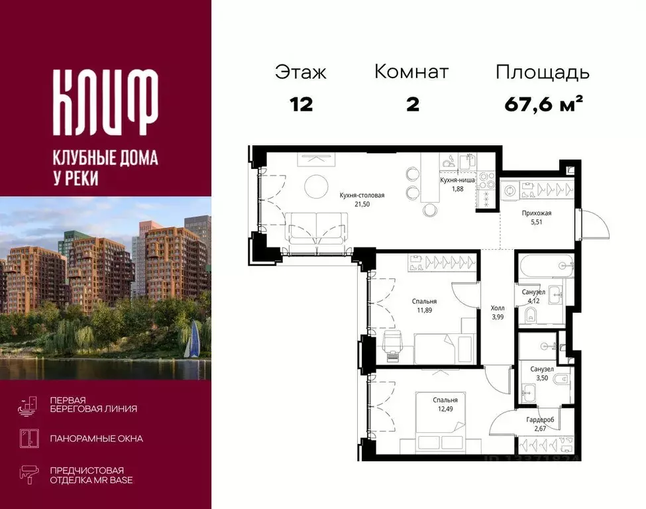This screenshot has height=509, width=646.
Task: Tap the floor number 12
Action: (301, 104)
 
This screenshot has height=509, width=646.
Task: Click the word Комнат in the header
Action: (411, 72)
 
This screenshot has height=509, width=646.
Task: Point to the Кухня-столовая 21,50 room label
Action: (362, 200)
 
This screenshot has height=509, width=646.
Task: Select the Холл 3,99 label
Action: (497, 312)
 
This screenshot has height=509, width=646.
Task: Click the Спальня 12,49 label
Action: (445, 405)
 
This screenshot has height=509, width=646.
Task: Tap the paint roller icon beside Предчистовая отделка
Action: (28, 475)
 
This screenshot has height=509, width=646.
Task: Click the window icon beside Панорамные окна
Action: (28, 438)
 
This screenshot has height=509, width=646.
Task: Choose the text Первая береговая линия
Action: (93, 404)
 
